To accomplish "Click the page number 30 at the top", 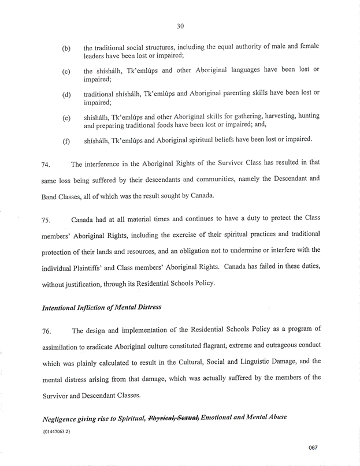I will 180,25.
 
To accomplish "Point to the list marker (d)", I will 66,95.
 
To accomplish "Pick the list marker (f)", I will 66,140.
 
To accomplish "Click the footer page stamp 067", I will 313,448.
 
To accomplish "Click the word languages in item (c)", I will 239,69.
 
